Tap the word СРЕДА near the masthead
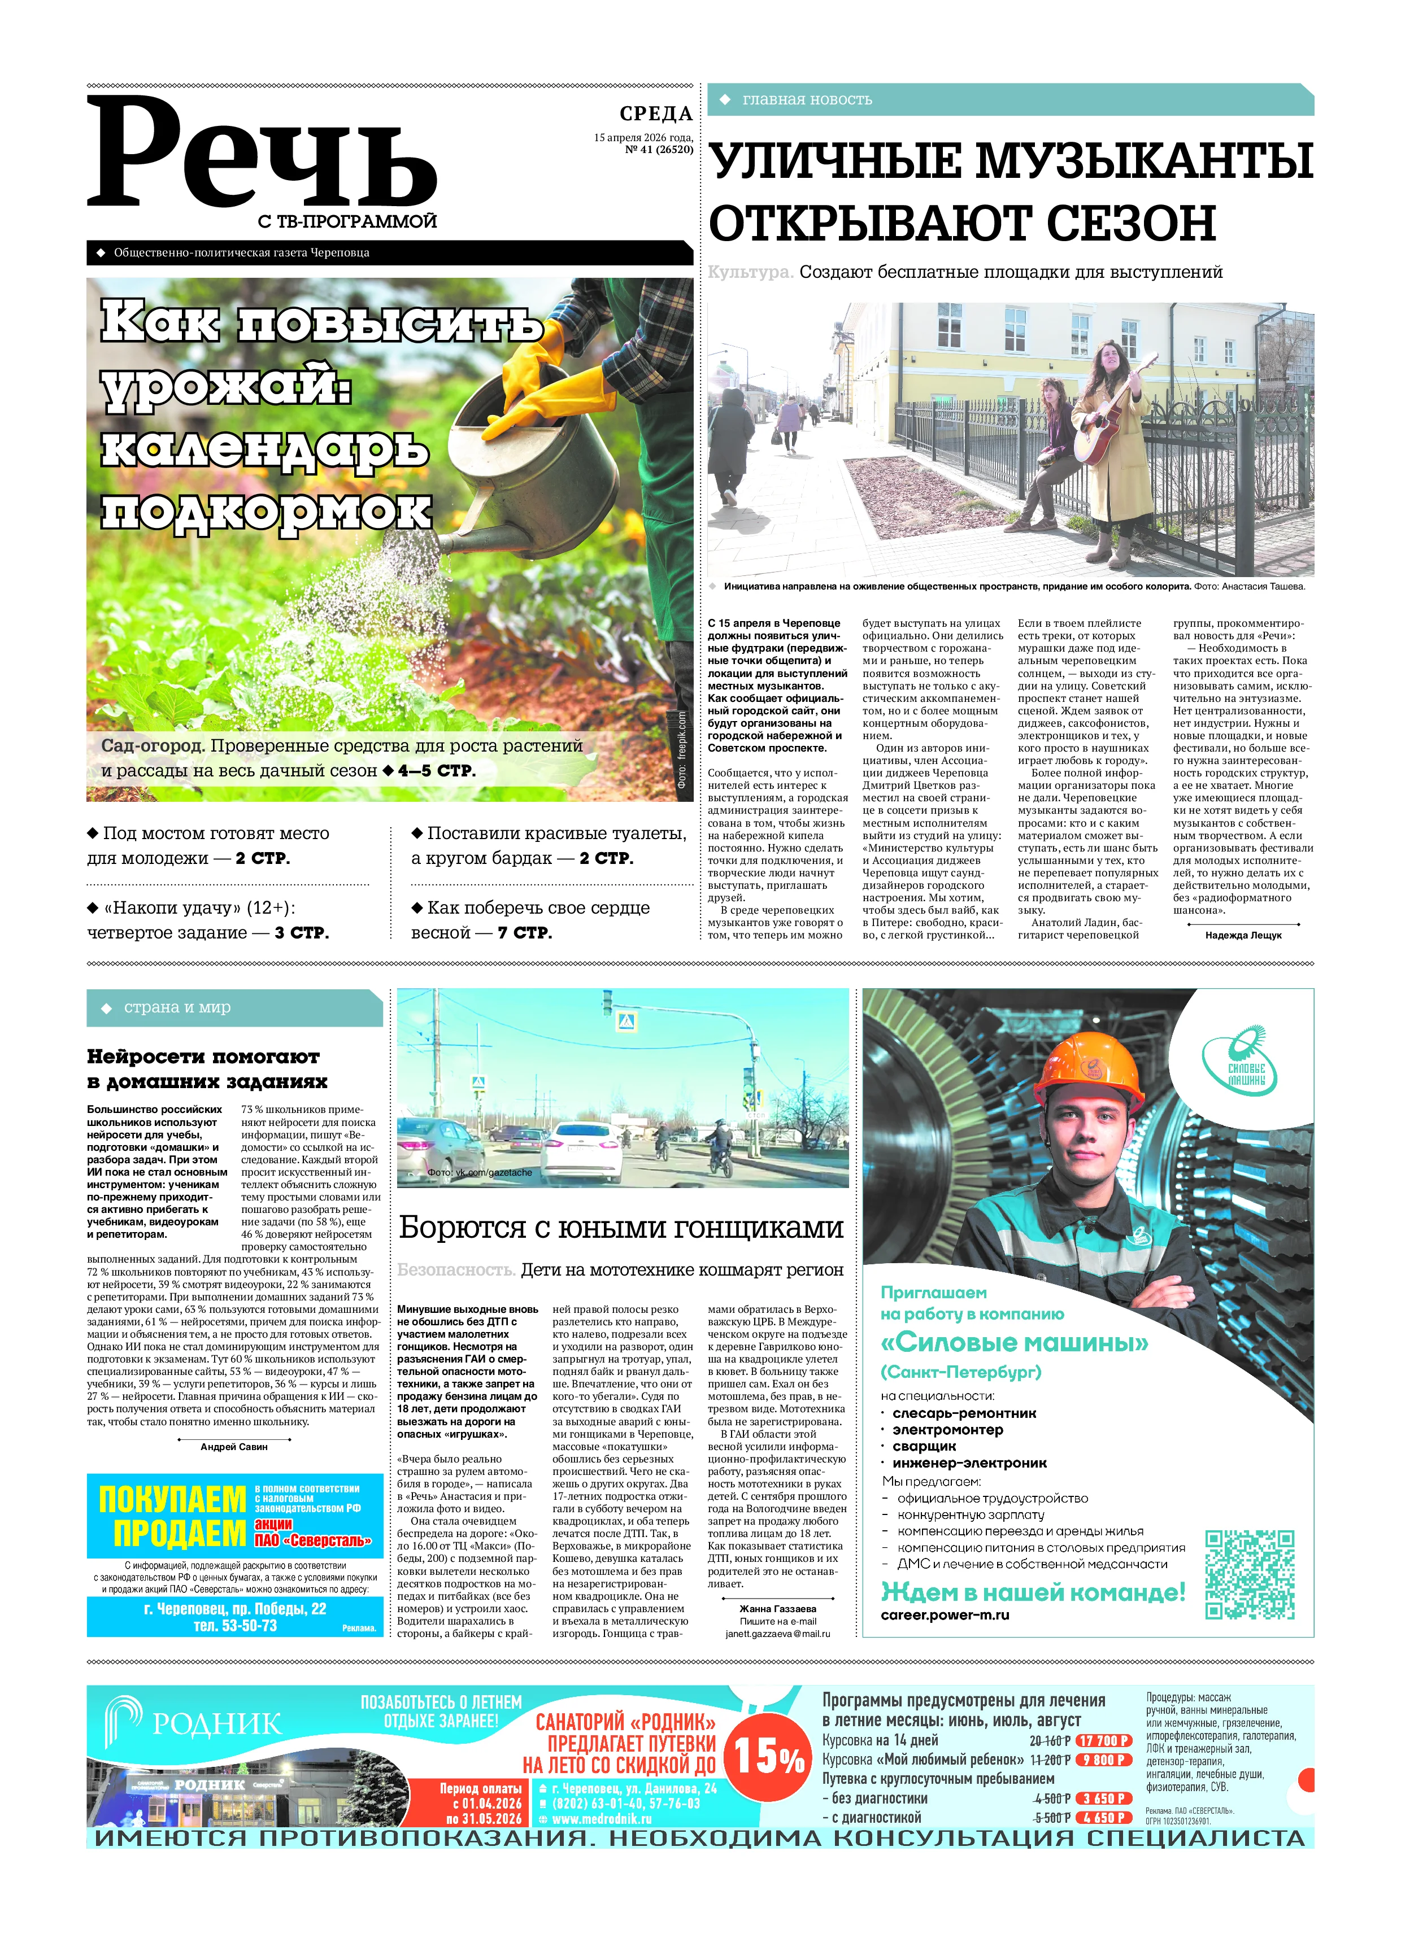click(x=655, y=113)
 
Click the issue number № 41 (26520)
click(x=659, y=149)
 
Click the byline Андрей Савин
click(x=234, y=1446)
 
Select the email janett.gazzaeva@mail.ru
click(x=777, y=1634)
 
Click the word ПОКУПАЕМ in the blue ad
click(x=172, y=1498)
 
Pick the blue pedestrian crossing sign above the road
click(x=626, y=1021)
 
